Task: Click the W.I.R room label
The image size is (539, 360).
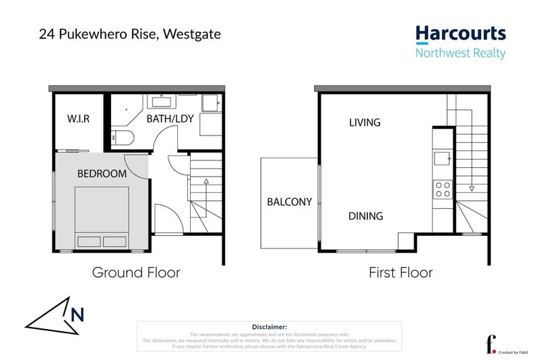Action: [x=78, y=119]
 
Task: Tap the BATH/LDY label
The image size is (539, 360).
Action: [x=168, y=119]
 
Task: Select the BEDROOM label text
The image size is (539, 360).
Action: [x=102, y=173]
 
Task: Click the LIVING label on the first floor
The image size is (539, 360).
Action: [x=364, y=123]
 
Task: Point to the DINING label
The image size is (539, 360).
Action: [x=365, y=216]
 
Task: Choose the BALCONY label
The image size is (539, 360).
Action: [x=289, y=202]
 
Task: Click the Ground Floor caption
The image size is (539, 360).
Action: [x=135, y=272]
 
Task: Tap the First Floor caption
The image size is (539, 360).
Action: [x=400, y=272]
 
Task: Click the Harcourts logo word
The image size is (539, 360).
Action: [x=460, y=34]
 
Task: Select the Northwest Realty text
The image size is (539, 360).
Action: [x=460, y=53]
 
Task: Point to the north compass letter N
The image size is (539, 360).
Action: [x=77, y=313]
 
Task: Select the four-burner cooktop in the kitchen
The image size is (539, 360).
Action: [x=443, y=189]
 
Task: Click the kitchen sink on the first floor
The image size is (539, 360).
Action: [x=443, y=158]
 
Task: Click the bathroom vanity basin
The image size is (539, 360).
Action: [x=162, y=102]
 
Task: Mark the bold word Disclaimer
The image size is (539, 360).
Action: [x=269, y=326]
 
